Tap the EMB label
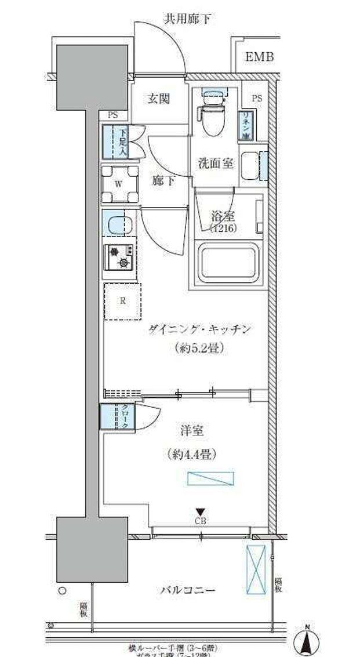tap(259, 57)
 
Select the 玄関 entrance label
tap(158, 99)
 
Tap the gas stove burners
tap(119, 257)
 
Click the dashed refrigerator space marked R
tap(122, 301)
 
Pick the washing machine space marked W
tap(119, 184)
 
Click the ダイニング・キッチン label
tap(199, 329)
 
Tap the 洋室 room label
tap(190, 431)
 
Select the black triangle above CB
tap(200, 511)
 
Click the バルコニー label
tap(188, 590)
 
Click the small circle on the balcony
tap(63, 591)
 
